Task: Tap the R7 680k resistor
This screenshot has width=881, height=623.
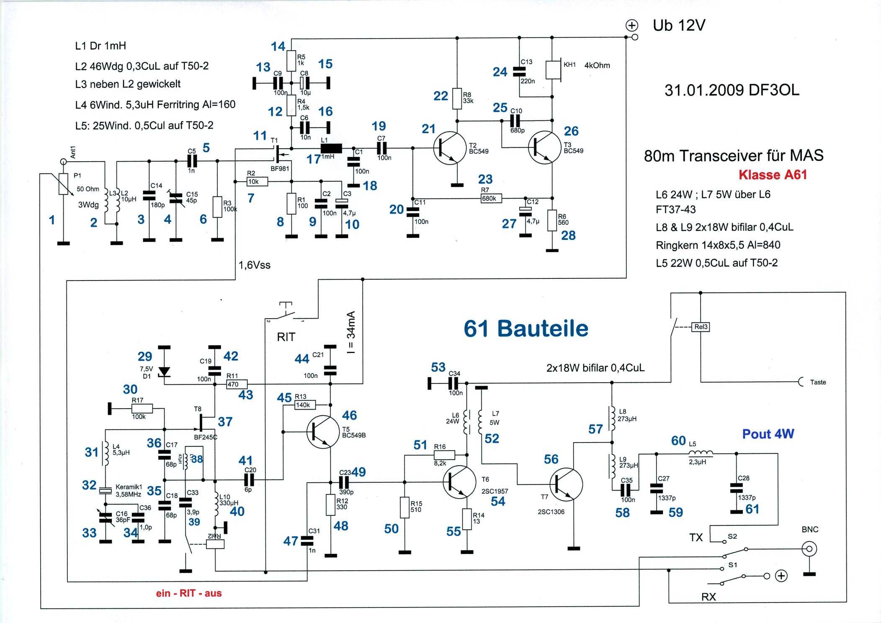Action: (x=491, y=198)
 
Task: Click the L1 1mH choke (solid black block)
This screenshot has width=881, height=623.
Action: (x=331, y=148)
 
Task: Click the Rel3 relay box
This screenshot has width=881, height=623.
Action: (x=701, y=327)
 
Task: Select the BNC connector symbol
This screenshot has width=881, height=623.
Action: (x=809, y=548)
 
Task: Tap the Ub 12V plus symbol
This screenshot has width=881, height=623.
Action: (x=631, y=26)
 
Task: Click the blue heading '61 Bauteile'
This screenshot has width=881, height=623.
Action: (x=526, y=329)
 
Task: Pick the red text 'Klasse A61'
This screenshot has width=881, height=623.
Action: (x=773, y=175)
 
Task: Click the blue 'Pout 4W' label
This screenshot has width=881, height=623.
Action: (x=768, y=434)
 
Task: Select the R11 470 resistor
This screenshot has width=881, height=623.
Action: (x=237, y=384)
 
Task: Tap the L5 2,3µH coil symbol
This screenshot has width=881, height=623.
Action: (x=701, y=453)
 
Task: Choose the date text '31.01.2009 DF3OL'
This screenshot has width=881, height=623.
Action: (x=732, y=90)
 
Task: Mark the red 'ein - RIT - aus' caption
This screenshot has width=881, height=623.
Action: (x=189, y=593)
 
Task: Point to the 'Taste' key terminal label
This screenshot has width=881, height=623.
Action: (x=818, y=382)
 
